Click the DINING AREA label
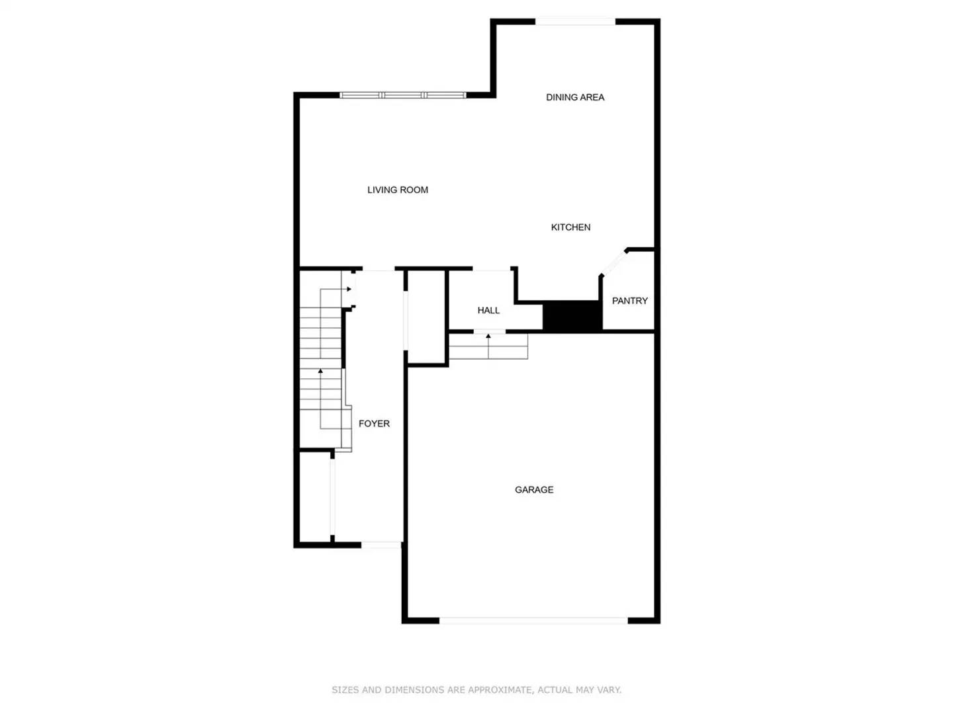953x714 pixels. pyautogui.click(x=574, y=97)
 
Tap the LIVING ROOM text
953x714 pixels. pyautogui.click(x=397, y=190)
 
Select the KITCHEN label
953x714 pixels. pyautogui.click(x=570, y=227)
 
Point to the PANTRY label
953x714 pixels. pyautogui.click(x=629, y=301)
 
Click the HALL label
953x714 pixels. pyautogui.click(x=488, y=310)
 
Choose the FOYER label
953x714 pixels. pyautogui.click(x=374, y=424)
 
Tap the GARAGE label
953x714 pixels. pyautogui.click(x=534, y=490)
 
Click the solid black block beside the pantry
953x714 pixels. pyautogui.click(x=572, y=316)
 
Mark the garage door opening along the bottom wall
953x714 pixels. pyautogui.click(x=533, y=621)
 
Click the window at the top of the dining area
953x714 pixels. pyautogui.click(x=575, y=22)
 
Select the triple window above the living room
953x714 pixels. pyautogui.click(x=402, y=95)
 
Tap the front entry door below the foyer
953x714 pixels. pyautogui.click(x=381, y=545)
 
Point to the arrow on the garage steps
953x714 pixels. pyautogui.click(x=488, y=337)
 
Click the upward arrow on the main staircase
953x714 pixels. pyautogui.click(x=320, y=372)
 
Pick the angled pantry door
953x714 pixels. pyautogui.click(x=612, y=263)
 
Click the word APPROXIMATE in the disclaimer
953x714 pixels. pyautogui.click(x=500, y=690)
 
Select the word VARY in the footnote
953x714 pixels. pyautogui.click(x=609, y=690)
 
